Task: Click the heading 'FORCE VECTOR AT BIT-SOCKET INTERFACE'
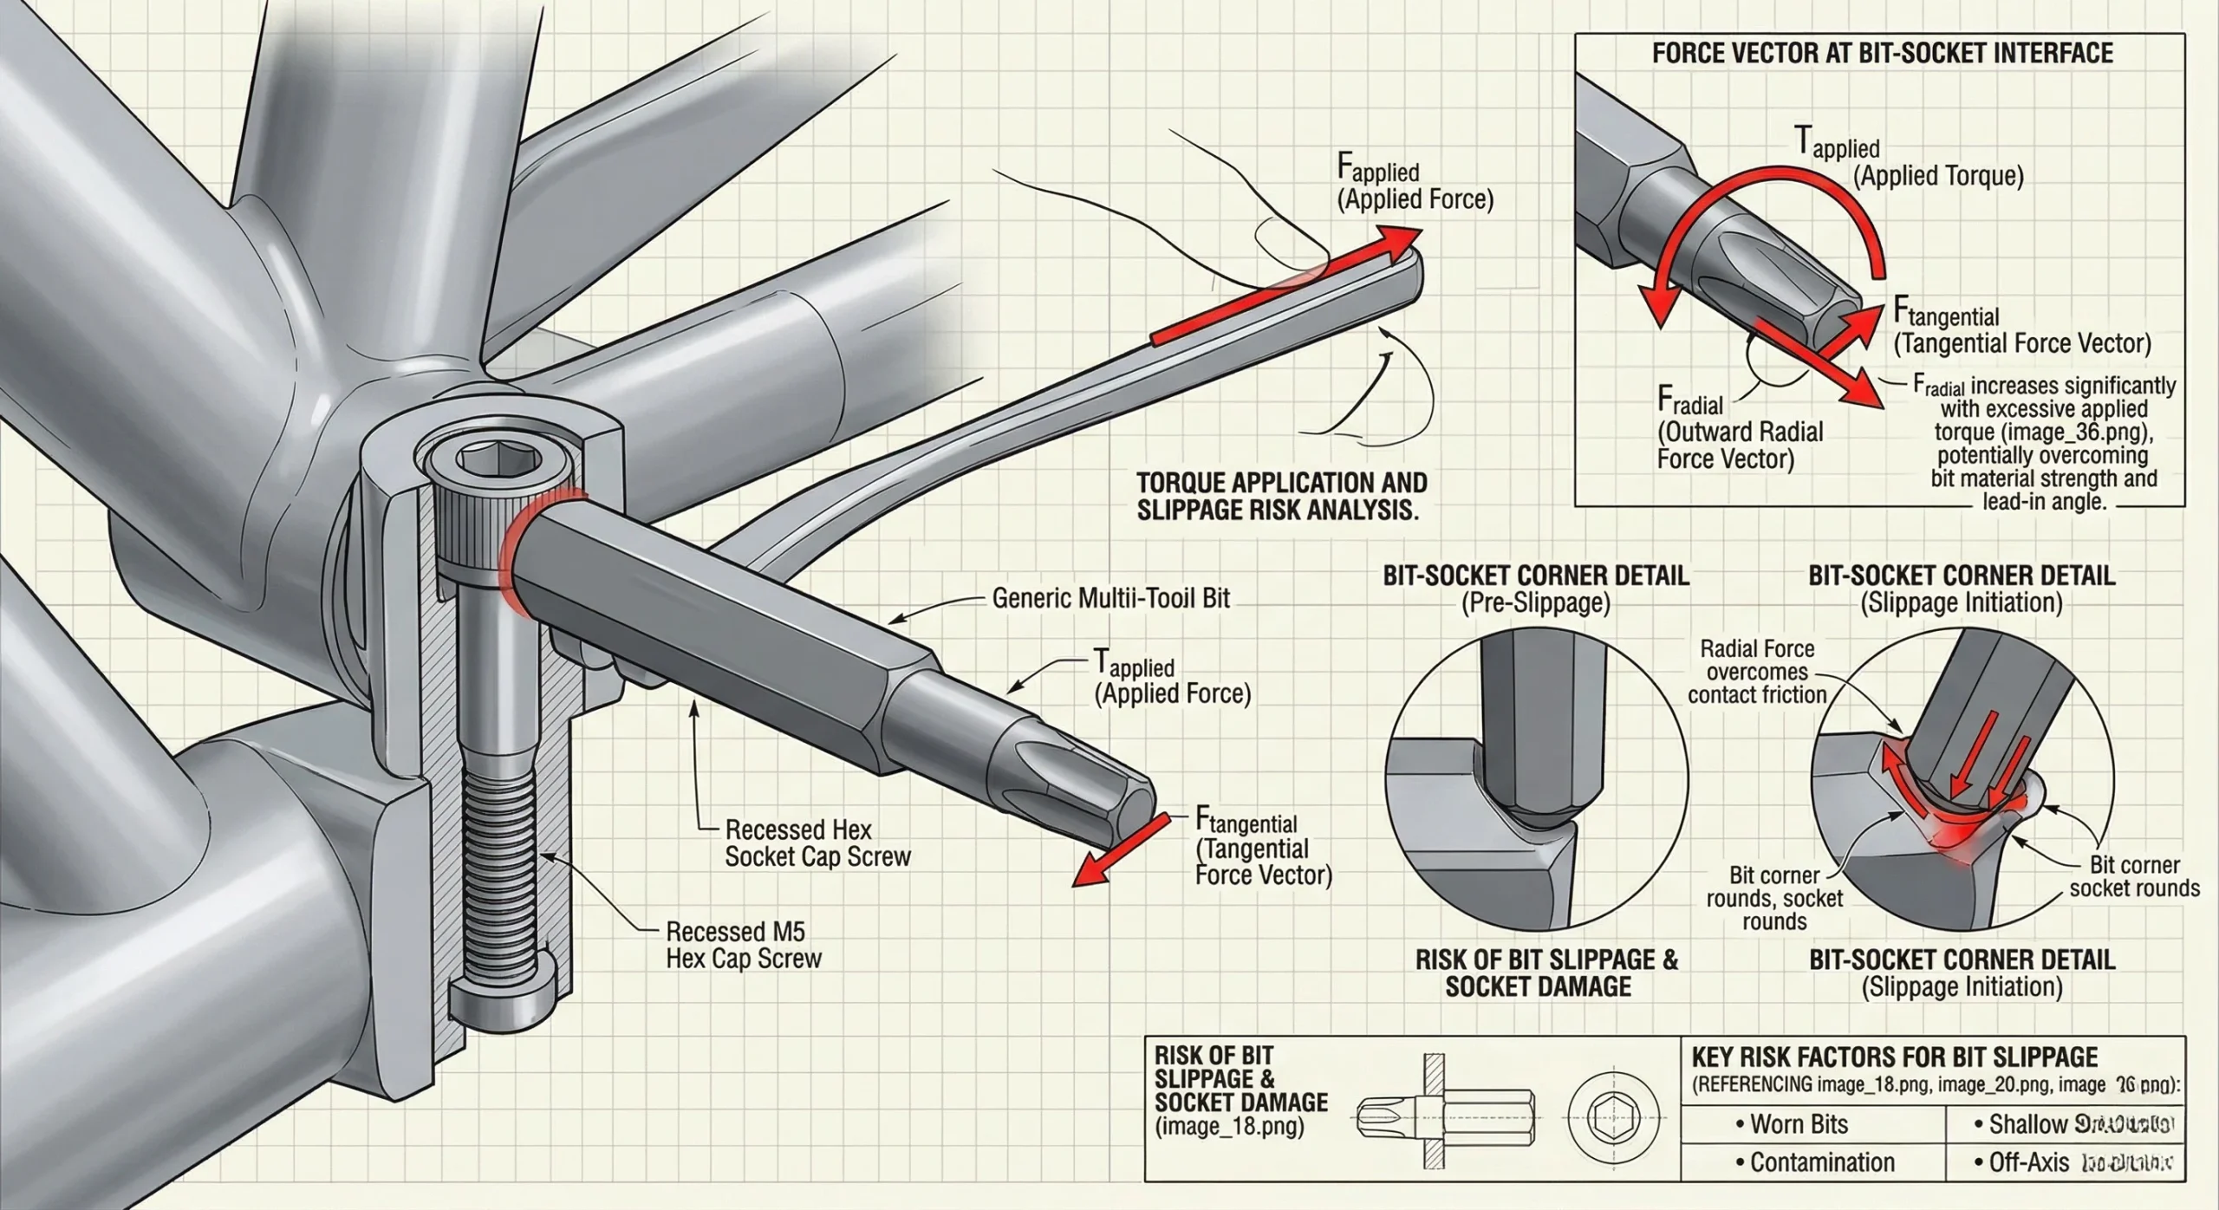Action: pos(1882,54)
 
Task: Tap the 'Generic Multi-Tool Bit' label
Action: pos(1110,598)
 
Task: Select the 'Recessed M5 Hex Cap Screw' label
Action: pos(743,945)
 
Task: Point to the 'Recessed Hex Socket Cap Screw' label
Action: pos(817,842)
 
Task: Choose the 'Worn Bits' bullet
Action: pos(1799,1124)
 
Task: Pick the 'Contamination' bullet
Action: pos(1821,1162)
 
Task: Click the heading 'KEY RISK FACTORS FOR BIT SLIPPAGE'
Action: pos(1894,1057)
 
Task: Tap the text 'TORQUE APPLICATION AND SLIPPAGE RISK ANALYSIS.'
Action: pos(1281,496)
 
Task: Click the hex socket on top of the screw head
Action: pos(475,458)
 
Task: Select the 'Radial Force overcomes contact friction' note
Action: pos(1757,671)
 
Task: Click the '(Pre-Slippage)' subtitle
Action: pos(1535,603)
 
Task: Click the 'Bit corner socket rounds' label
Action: pos(2133,876)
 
